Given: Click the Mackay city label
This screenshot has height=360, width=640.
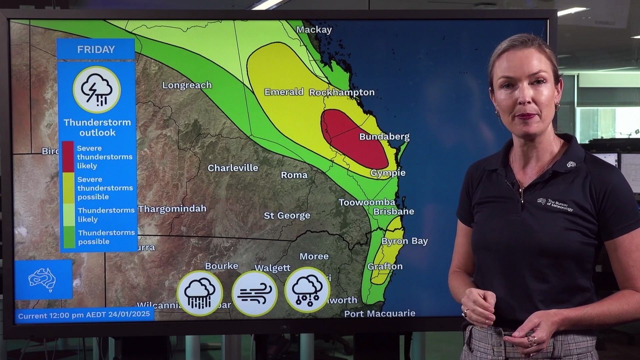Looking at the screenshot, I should pyautogui.click(x=314, y=30).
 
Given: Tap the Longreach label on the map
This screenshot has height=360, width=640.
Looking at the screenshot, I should pyautogui.click(x=187, y=85).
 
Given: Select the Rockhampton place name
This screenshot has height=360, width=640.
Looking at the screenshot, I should pyautogui.click(x=341, y=92).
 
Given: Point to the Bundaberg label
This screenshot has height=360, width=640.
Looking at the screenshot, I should pyautogui.click(x=384, y=136).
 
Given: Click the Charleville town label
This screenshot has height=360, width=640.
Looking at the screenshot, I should pyautogui.click(x=233, y=168).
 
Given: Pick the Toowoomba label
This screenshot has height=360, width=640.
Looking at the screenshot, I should pyautogui.click(x=367, y=202).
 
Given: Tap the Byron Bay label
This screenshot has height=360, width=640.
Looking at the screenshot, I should pyautogui.click(x=404, y=241).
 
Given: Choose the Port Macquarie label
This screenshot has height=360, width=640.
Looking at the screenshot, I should pyautogui.click(x=379, y=313).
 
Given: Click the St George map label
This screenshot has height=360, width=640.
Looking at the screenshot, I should pyautogui.click(x=287, y=215).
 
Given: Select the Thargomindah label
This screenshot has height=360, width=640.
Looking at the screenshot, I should pyautogui.click(x=172, y=209).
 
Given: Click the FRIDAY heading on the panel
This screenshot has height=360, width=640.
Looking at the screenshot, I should pyautogui.click(x=96, y=49).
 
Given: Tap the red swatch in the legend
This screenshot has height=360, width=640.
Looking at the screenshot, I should pyautogui.click(x=67, y=155).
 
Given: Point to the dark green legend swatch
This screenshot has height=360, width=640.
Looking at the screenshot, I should pyautogui.click(x=68, y=237).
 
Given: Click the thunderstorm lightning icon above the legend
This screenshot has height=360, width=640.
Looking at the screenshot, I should pyautogui.click(x=96, y=90).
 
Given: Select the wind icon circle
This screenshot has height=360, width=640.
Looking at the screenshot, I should pyautogui.click(x=254, y=293).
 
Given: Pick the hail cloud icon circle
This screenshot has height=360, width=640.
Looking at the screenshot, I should pyautogui.click(x=307, y=290).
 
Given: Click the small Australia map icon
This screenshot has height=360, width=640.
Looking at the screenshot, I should pyautogui.click(x=42, y=279).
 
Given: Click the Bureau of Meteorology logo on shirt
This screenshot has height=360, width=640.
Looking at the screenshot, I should pyautogui.click(x=555, y=203).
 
